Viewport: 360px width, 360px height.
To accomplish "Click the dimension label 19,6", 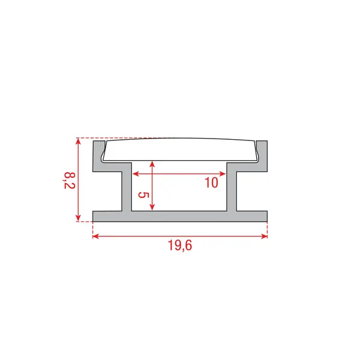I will coord(180,246).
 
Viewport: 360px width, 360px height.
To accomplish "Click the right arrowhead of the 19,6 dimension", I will coord(264,236).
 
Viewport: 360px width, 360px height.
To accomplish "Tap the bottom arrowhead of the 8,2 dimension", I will coord(79,218).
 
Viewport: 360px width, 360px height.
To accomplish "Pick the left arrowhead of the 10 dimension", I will coord(135,174).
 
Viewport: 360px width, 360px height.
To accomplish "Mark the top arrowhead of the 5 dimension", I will coord(154,164).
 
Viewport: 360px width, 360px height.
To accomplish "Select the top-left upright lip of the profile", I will coord(97,153).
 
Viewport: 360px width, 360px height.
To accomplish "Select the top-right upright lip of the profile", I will coord(263,153).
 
